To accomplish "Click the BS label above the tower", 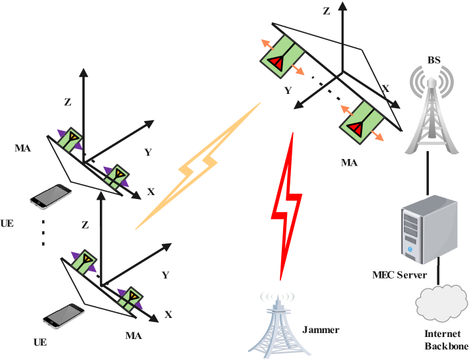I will [x=434, y=60].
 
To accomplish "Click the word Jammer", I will [x=321, y=330].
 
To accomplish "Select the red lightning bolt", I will [x=287, y=204].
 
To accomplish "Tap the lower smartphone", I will [x=64, y=315].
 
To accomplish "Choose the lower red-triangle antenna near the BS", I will [x=362, y=122].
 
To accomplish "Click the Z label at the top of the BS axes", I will [x=326, y=11].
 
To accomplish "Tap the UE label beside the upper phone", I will [x=7, y=223].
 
